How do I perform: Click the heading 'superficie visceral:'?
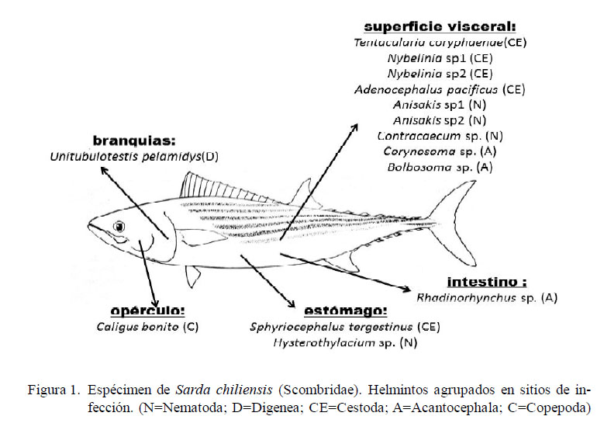click(x=440, y=26)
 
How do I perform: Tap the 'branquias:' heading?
click(x=134, y=141)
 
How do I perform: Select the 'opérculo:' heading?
click(x=147, y=310)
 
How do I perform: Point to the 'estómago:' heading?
click(x=345, y=310)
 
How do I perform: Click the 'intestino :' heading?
click(x=486, y=282)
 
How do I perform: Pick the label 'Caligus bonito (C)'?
click(x=147, y=327)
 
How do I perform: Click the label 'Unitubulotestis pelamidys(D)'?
click(x=134, y=157)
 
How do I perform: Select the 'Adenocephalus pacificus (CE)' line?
click(x=440, y=90)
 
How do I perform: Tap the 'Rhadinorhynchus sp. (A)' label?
click(x=486, y=298)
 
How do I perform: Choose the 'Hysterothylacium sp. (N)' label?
click(x=345, y=342)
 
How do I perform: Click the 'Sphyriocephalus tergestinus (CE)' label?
click(x=345, y=327)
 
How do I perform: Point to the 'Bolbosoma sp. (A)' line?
click(x=440, y=167)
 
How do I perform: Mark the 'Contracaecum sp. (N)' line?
click(x=440, y=136)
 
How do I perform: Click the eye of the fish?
click(x=119, y=227)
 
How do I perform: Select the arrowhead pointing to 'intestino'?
click(x=406, y=289)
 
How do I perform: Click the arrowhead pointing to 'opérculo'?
click(x=154, y=303)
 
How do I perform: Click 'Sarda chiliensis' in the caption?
click(x=224, y=390)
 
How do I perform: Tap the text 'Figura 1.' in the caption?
click(x=53, y=390)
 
